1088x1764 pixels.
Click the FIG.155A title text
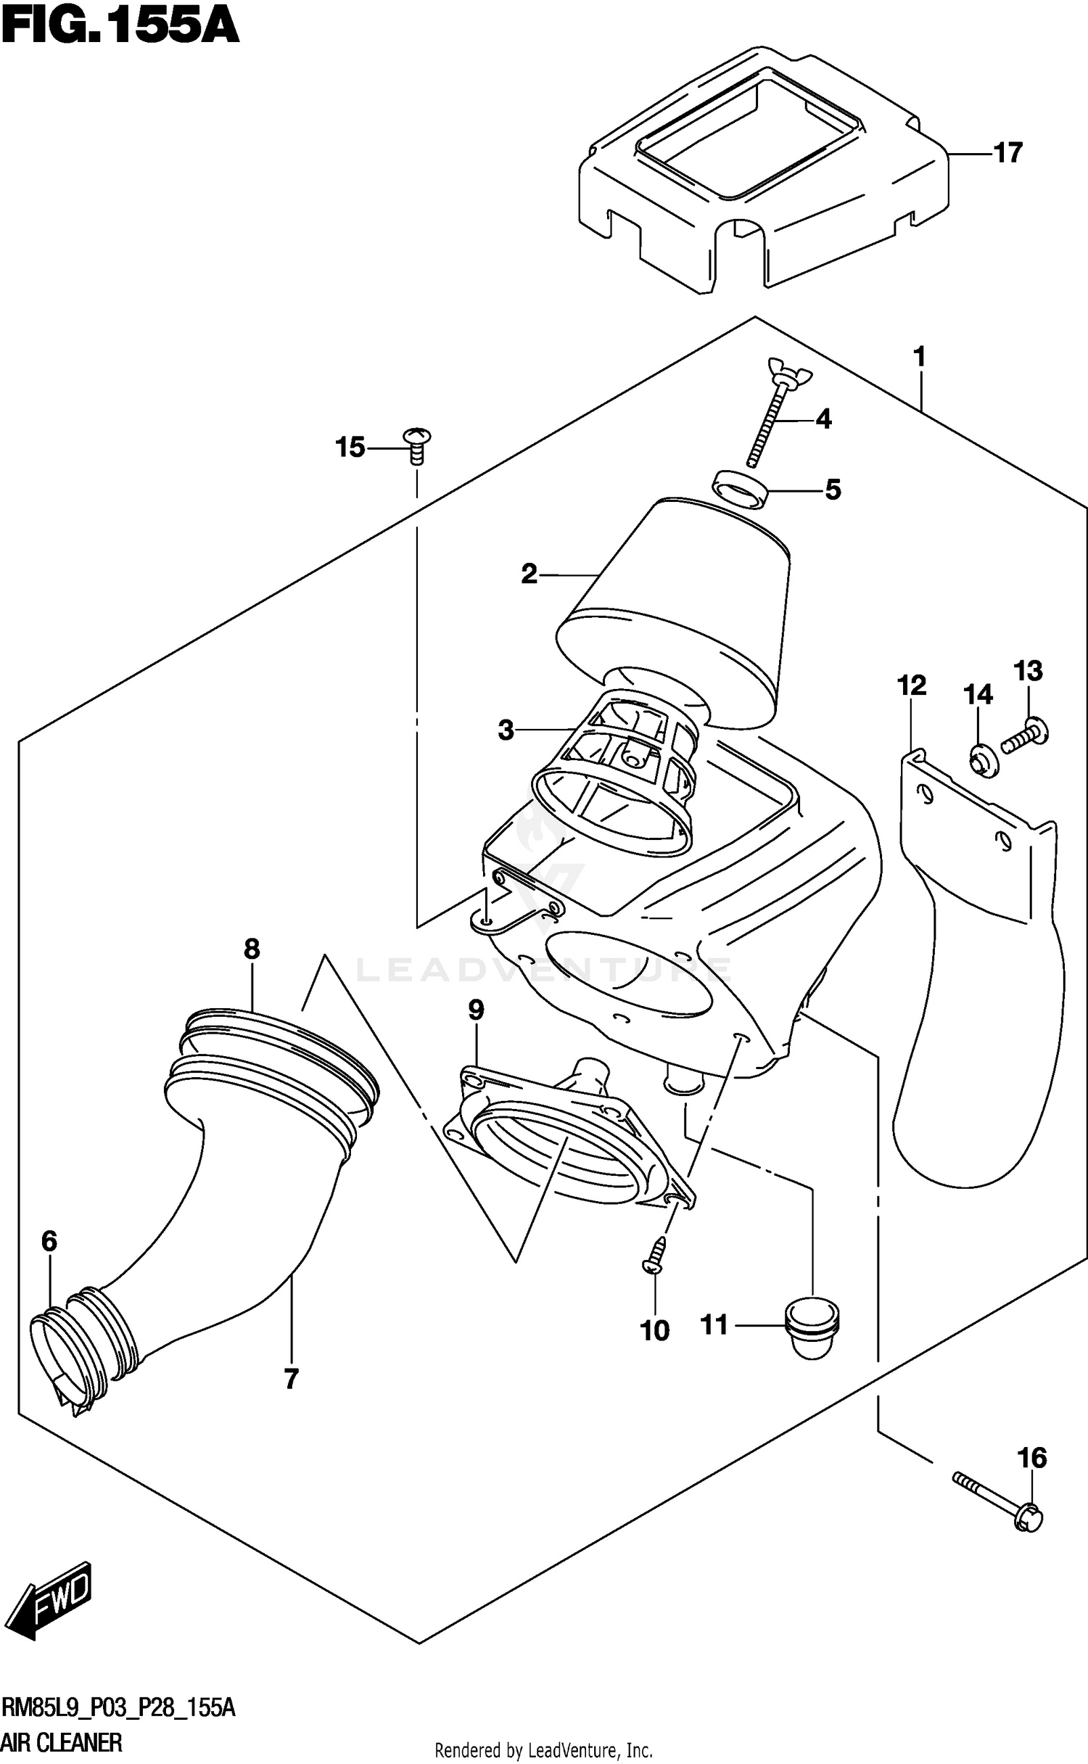point(120,29)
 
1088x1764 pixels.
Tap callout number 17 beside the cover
point(1007,153)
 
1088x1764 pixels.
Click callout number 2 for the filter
point(529,574)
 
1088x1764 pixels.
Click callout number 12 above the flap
point(912,685)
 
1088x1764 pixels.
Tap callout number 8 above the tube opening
point(252,949)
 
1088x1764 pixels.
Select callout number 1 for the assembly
point(919,357)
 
